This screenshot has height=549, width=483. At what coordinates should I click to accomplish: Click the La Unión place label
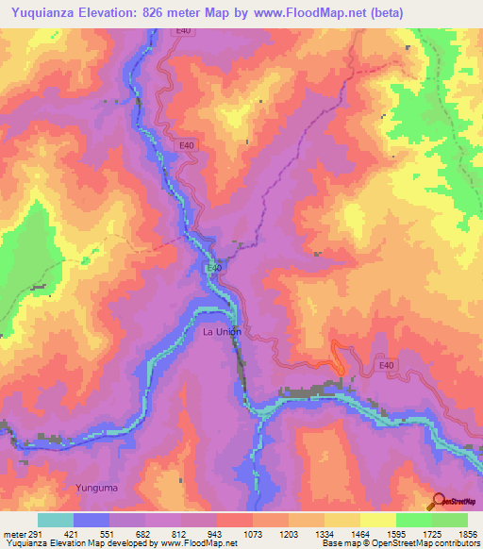pos(223,332)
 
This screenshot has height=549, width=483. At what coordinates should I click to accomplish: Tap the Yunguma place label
pos(95,487)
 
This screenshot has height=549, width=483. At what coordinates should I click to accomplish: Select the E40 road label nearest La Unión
pos(215,268)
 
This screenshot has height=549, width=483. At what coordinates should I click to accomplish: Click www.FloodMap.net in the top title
pos(322,13)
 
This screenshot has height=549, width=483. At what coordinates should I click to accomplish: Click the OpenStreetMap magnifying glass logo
pos(437,501)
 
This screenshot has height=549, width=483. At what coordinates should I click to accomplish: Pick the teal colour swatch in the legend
pos(56,520)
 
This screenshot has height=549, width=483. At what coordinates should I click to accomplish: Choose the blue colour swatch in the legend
pos(92,520)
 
